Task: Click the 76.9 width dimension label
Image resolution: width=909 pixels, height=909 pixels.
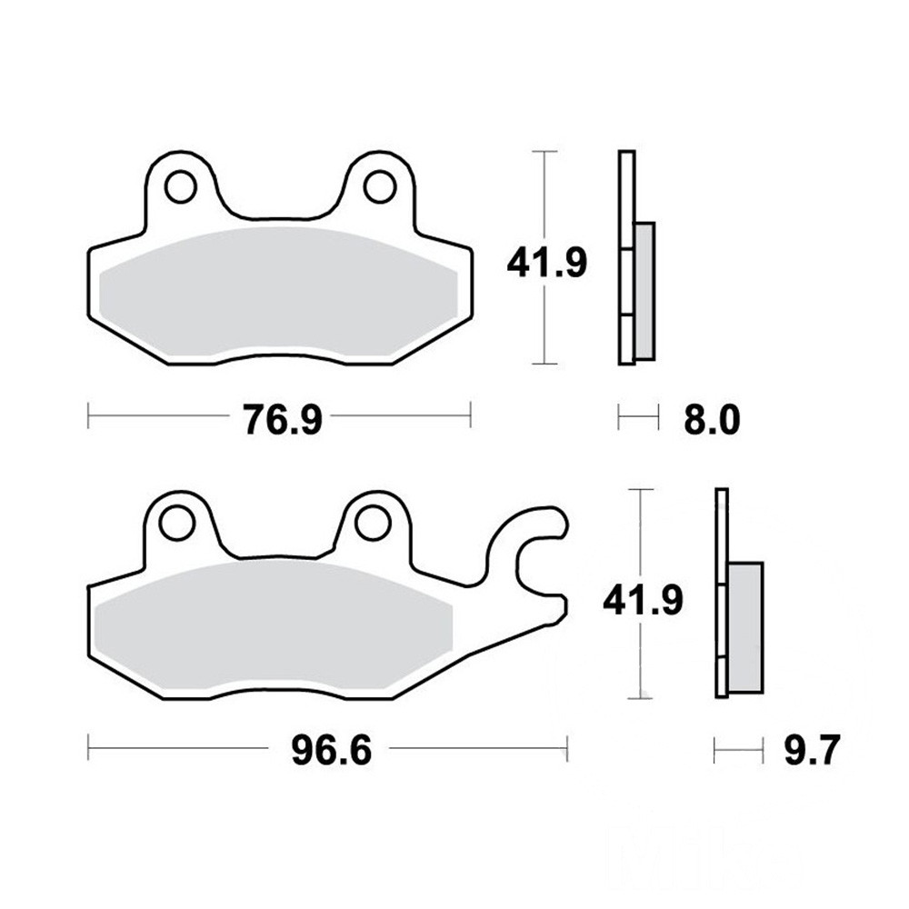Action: pyautogui.click(x=283, y=420)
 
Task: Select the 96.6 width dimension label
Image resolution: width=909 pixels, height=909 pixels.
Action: pyautogui.click(x=331, y=751)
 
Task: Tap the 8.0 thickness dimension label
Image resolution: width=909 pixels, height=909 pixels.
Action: pyautogui.click(x=712, y=420)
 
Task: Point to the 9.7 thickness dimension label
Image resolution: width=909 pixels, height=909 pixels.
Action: pyautogui.click(x=812, y=751)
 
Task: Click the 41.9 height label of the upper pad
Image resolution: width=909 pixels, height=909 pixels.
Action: pyautogui.click(x=546, y=263)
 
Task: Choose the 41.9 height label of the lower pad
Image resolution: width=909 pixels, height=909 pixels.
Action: pyautogui.click(x=643, y=600)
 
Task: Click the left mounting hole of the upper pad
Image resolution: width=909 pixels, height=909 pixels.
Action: pyautogui.click(x=180, y=186)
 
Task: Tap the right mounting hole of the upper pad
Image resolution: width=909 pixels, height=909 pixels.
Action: pyautogui.click(x=379, y=186)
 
